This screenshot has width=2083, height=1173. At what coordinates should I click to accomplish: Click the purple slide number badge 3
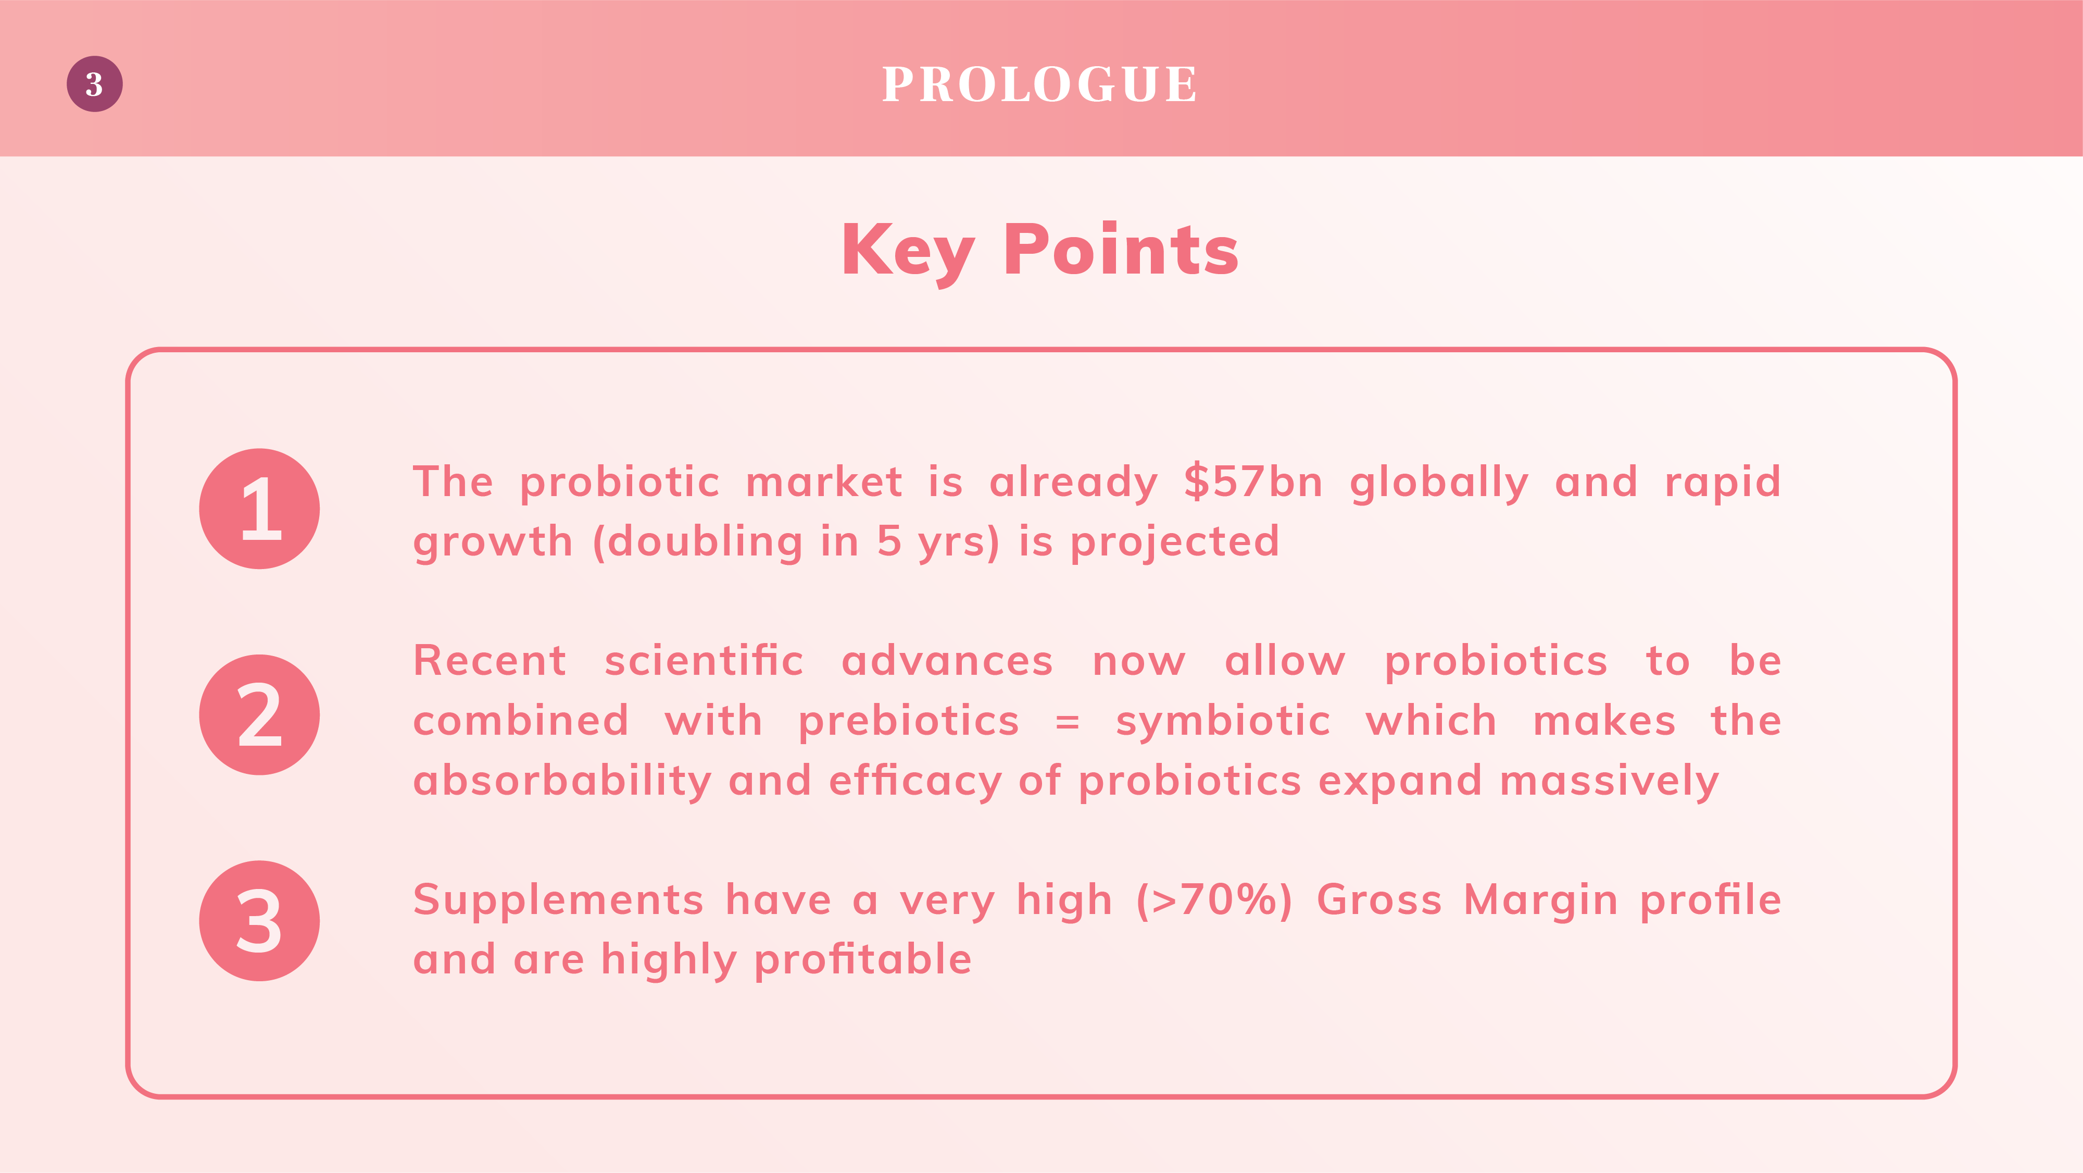95,84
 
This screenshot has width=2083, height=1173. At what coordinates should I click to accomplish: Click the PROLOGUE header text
1040,84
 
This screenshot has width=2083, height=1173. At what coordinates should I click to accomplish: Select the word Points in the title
1121,249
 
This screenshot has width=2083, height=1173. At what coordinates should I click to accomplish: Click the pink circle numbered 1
259,509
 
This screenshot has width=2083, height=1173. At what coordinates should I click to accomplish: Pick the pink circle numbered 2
259,715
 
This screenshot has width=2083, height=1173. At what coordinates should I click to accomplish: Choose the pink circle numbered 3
259,921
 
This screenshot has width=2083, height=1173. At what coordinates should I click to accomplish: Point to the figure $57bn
1253,481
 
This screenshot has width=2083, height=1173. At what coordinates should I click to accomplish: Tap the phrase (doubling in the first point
698,542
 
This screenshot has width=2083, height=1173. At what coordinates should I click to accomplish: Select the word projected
1175,542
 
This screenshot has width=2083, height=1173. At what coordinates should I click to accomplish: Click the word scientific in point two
704,660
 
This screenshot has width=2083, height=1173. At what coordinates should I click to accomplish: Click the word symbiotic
1223,720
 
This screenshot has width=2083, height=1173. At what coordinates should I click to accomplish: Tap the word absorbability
562,781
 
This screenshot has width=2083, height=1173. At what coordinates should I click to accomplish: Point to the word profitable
863,959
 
